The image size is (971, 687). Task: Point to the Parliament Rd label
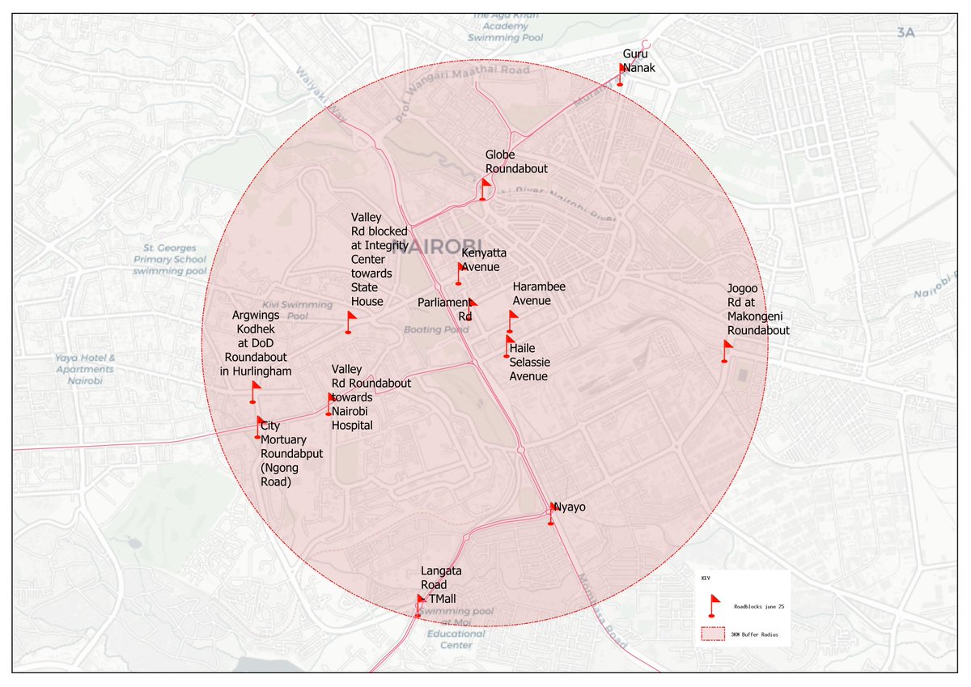click(444, 309)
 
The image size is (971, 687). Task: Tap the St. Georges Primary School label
click(171, 259)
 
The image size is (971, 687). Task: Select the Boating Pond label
click(435, 329)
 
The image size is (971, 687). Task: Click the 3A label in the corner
click(905, 33)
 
